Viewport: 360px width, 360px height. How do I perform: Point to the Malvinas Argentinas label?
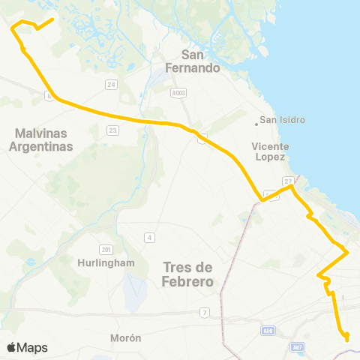pos(40,140)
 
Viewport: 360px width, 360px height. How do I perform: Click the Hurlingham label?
pos(106,263)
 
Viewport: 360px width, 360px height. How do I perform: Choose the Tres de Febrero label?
pos(187,274)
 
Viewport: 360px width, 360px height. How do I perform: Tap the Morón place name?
pos(125,338)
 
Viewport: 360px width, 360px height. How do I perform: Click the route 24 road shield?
pos(112,85)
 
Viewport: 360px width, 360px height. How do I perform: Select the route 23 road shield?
pos(113,130)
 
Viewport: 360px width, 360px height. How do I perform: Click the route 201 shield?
pos(105,249)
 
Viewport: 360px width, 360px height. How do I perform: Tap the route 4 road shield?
pos(150,238)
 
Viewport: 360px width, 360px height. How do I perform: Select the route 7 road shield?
pos(204,312)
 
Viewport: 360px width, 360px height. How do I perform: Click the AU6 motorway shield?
pos(268,330)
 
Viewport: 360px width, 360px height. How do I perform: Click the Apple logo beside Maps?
pos(11,347)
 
